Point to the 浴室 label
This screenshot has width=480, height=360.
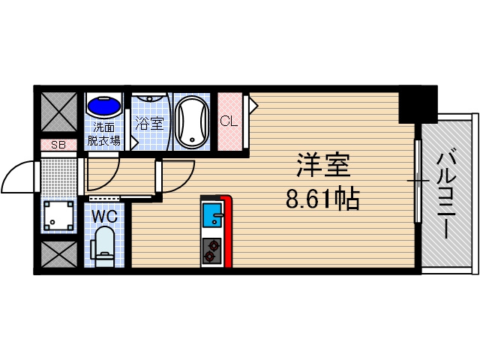click(149, 123)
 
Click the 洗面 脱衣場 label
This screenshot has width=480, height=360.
click(103, 132)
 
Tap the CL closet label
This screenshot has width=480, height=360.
click(229, 121)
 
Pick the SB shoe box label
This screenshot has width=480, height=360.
click(58, 145)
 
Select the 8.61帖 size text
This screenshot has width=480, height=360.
click(322, 199)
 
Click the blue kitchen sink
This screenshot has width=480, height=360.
click(212, 214)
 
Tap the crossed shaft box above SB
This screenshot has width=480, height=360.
click(58, 111)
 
